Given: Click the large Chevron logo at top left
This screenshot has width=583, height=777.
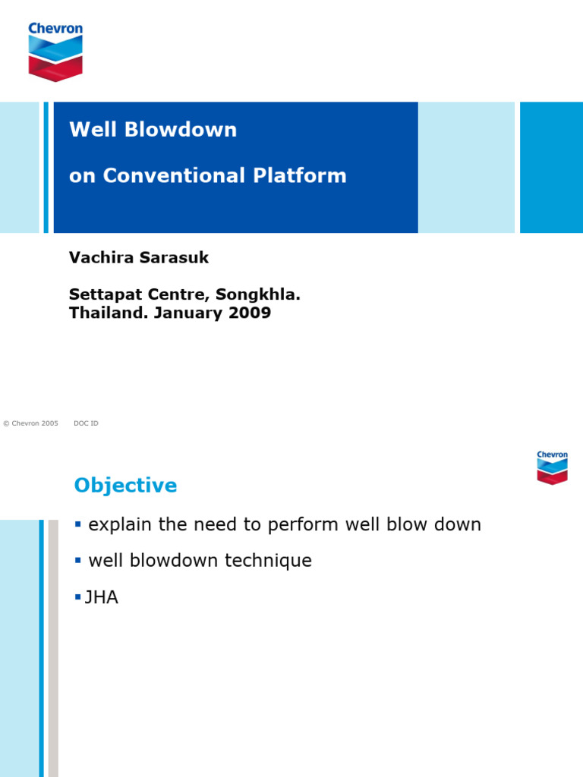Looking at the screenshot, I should coord(55,52).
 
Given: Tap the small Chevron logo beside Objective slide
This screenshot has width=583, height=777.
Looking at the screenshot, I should coord(552,467).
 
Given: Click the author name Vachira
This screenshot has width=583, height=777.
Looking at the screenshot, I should coord(98,258).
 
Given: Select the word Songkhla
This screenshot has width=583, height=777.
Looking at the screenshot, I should coord(252,294).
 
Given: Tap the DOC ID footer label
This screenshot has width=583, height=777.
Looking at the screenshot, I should coord(86,423).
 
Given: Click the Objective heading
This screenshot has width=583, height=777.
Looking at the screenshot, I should coord(125,486).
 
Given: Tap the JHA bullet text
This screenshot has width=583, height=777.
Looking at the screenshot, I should coord(102,598).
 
